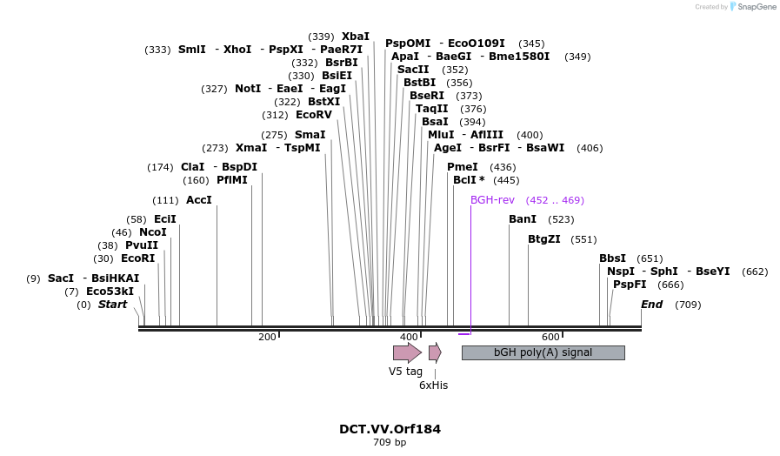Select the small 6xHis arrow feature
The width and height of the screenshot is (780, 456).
(x=435, y=352)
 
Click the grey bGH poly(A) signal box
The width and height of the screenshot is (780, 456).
(x=543, y=352)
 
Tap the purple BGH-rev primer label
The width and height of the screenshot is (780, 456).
(x=492, y=200)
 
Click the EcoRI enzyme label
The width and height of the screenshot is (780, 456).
(x=137, y=258)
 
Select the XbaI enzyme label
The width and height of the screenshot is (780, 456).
(x=355, y=37)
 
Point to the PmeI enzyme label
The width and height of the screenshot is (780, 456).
(x=463, y=167)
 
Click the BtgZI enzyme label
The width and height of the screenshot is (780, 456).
(x=544, y=239)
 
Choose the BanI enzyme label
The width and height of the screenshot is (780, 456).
(x=523, y=219)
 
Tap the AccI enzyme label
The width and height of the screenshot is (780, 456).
(x=199, y=200)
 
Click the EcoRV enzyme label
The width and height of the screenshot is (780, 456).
(x=314, y=115)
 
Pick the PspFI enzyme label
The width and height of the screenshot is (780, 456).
(x=630, y=285)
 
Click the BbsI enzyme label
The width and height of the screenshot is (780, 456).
(x=612, y=258)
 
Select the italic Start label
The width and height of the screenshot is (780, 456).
(x=112, y=305)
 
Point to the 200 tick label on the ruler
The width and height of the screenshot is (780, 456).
(x=267, y=337)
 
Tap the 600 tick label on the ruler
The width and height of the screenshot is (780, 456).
(x=550, y=337)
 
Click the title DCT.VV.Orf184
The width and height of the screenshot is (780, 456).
(x=390, y=429)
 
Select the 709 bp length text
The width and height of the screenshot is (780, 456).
(x=390, y=443)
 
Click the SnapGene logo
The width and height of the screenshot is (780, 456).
(x=753, y=7)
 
